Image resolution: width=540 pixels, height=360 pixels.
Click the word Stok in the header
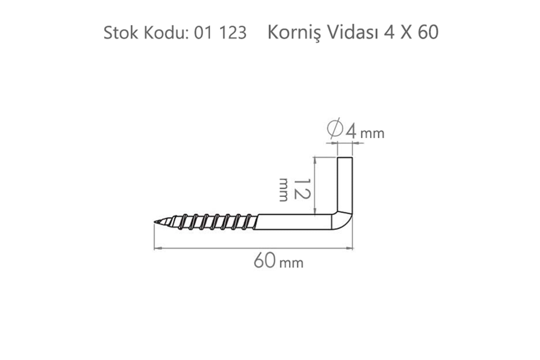[x=121, y=33]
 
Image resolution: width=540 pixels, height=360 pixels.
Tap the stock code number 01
[x=203, y=33]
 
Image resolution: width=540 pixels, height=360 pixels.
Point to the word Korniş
[x=294, y=33]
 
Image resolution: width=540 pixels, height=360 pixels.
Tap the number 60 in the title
[x=428, y=32]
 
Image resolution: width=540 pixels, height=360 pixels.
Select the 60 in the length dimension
[x=265, y=260]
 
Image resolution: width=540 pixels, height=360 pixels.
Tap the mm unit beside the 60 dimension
[x=291, y=263]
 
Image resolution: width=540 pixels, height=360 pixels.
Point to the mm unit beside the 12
[x=284, y=190]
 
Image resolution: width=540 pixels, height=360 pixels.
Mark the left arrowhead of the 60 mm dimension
[x=156, y=248]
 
